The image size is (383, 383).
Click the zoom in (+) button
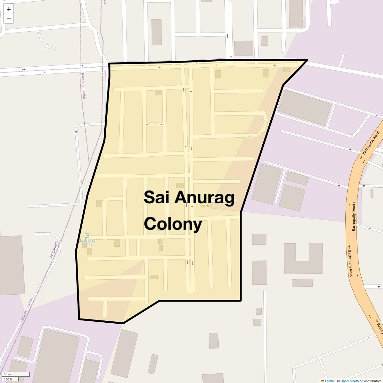coord(9,9)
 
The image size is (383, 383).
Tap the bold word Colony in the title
coord(173,224)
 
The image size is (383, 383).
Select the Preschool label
coord(206,206)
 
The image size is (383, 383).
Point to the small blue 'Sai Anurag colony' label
coord(87,242)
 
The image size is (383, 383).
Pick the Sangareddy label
coord(54,249)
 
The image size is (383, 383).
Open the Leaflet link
coord(330,381)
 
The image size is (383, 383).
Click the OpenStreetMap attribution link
coord(351,381)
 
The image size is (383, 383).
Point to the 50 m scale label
coord(7,374)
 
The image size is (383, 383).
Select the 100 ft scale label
coord(8,379)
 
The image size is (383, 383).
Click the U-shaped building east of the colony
coord(303,259)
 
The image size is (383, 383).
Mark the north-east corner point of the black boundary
coord(307,60)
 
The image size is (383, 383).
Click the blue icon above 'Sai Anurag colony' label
coord(87,236)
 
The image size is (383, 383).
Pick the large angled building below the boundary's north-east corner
coord(304,107)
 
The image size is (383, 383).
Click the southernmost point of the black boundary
coord(123,323)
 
